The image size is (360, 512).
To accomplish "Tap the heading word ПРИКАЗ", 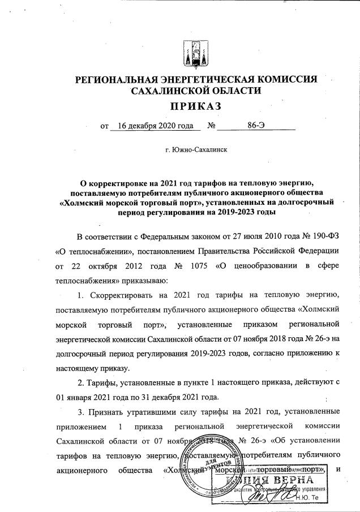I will click(192, 106).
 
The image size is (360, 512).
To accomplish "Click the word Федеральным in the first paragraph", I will click(156, 235).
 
